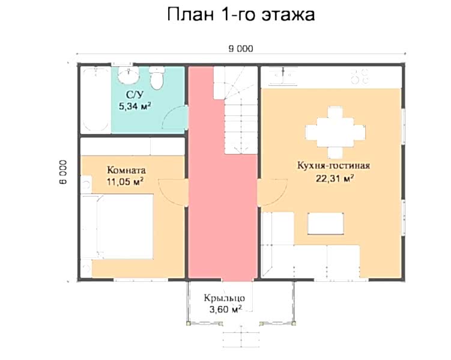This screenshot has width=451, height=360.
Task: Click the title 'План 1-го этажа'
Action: tap(241, 14)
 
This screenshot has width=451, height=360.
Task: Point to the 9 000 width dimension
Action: tap(241, 49)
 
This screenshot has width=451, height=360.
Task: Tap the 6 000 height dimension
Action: tap(63, 172)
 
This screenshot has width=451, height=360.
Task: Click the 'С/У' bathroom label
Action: tap(135, 95)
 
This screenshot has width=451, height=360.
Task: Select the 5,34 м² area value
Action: tap(135, 106)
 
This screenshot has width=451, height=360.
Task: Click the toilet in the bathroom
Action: tap(157, 78)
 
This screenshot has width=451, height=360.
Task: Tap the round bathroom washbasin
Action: tap(129, 75)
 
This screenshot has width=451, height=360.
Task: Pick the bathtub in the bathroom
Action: tap(95, 100)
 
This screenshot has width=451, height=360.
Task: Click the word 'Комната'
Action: tap(126, 170)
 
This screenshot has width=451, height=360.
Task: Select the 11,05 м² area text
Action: tap(125, 182)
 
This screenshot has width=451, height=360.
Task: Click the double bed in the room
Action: tap(117, 227)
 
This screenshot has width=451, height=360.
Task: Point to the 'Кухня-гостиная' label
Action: tap(333, 166)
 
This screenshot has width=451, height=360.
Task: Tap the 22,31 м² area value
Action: tap(334, 178)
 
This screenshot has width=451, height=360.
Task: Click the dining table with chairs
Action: tap(335, 132)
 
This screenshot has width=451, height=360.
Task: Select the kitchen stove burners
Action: tap(360, 76)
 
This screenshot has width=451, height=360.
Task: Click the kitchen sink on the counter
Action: tap(283, 76)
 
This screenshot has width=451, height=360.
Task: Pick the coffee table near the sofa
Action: tap(325, 224)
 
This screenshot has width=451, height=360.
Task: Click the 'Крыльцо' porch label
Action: tap(225, 298)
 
